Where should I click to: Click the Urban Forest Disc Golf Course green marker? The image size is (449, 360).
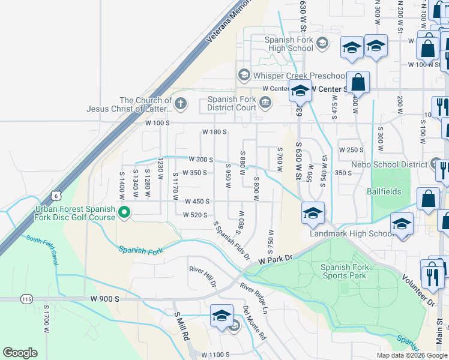pyautogui.click(x=125, y=212)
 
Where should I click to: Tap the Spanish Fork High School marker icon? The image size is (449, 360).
pyautogui.click(x=322, y=43)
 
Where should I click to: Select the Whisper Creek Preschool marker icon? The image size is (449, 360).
pyautogui.click(x=244, y=76)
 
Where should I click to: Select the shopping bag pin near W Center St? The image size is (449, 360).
pyautogui.click(x=358, y=82)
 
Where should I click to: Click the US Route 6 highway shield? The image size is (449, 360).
pyautogui.click(x=56, y=196)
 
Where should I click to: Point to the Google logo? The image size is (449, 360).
pyautogui.click(x=20, y=353)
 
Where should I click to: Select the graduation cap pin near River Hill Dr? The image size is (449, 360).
pyautogui.click(x=221, y=316)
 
